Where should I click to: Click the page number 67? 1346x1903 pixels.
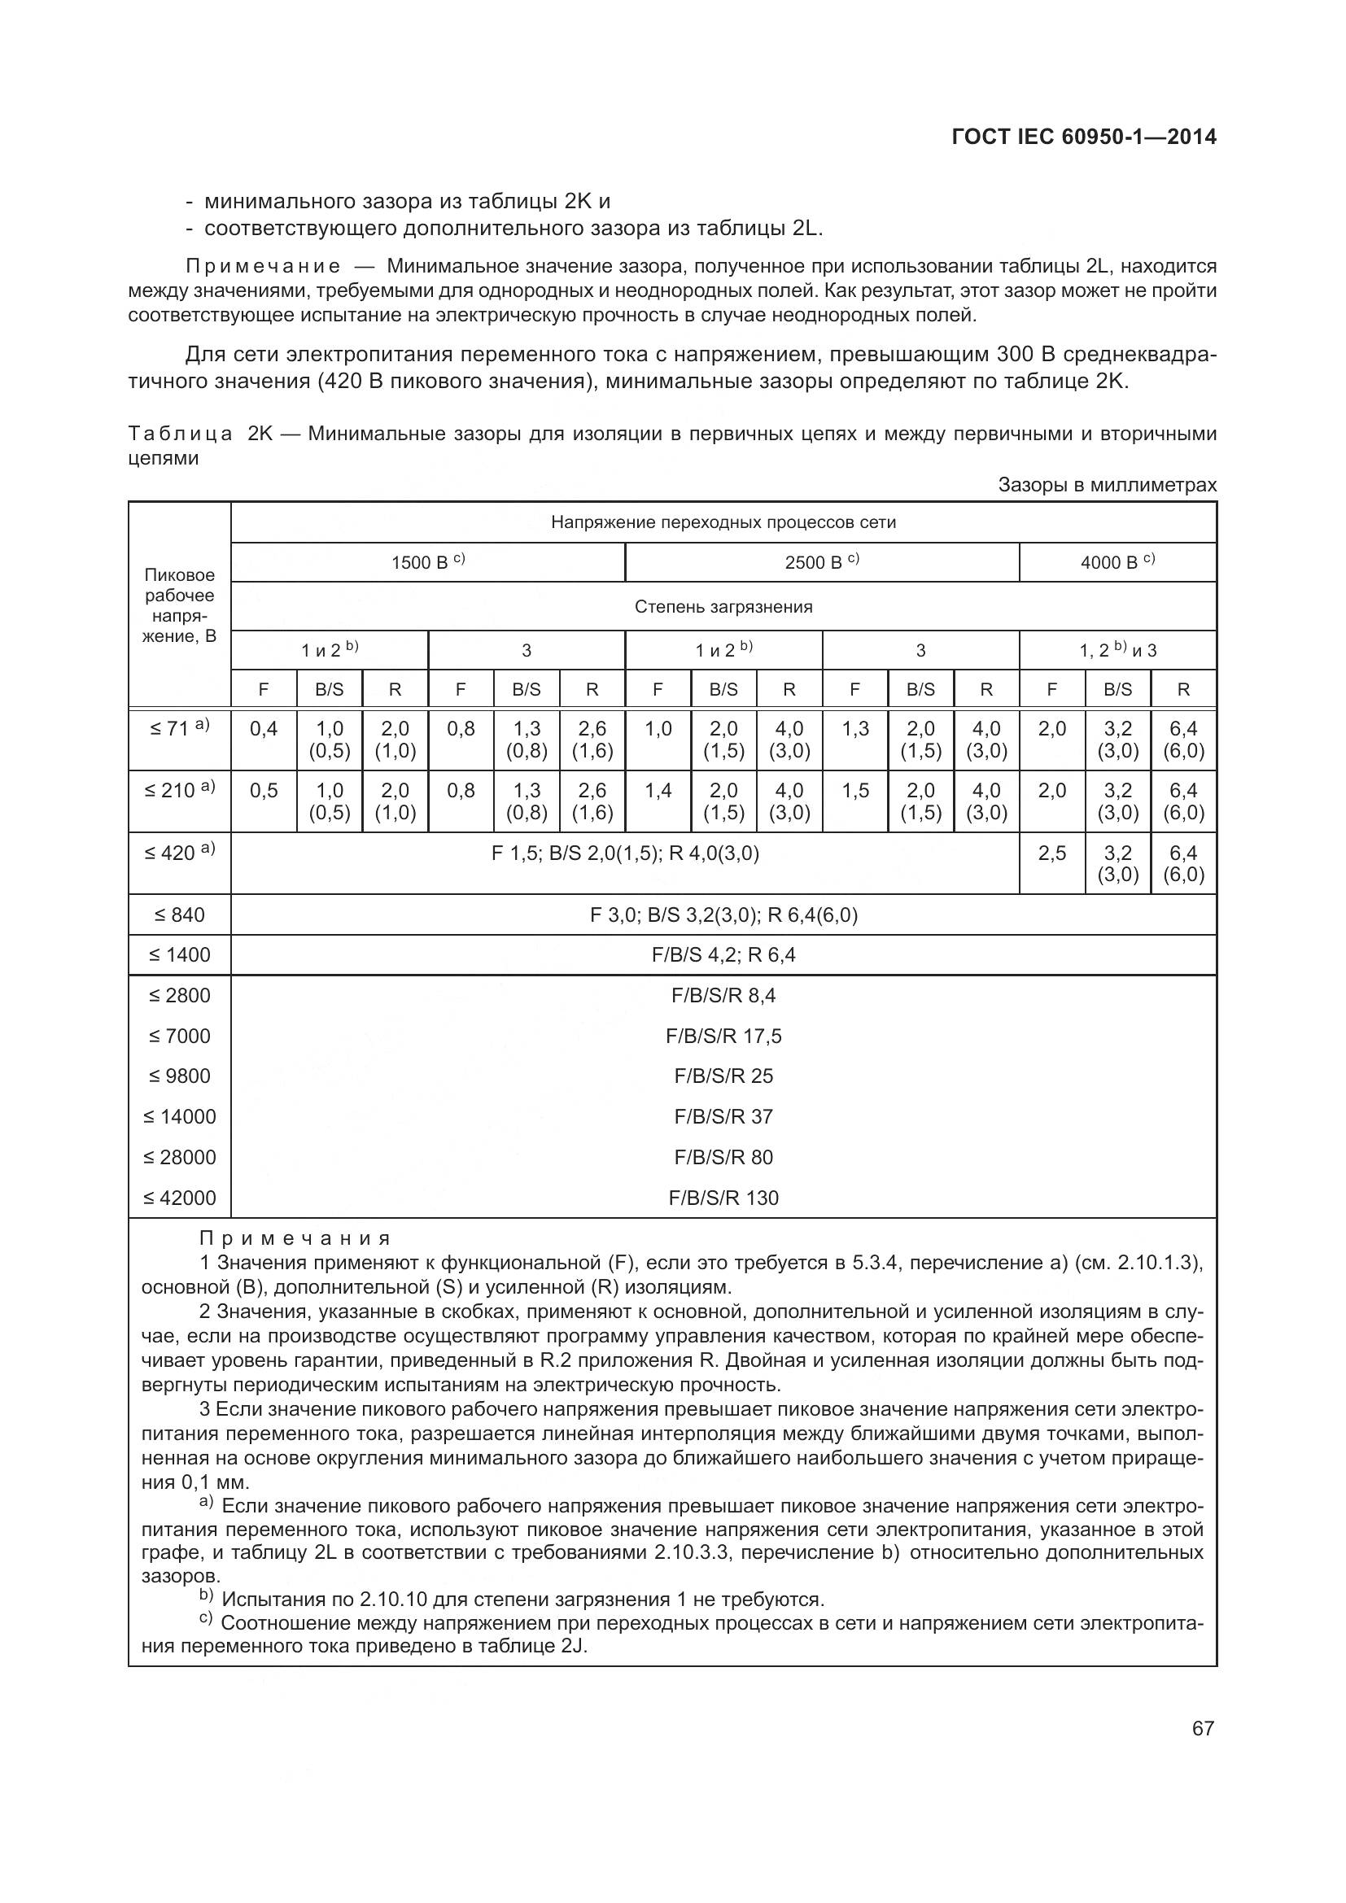point(1203,1728)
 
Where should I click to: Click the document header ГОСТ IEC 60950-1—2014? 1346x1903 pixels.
point(1084,137)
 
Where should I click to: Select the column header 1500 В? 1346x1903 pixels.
point(427,563)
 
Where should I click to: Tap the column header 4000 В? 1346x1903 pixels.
point(1117,563)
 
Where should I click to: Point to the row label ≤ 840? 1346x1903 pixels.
point(179,915)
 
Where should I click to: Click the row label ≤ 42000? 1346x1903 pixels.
point(179,1198)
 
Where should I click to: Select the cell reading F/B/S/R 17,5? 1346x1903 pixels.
point(723,1036)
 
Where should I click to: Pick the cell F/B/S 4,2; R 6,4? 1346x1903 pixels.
point(723,955)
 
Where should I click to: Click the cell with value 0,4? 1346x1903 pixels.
point(264,729)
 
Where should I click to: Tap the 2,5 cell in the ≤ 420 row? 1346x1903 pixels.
point(1051,853)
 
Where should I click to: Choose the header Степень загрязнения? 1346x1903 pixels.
point(723,607)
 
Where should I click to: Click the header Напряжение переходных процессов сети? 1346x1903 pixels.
point(723,522)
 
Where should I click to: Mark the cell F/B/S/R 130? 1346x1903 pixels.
point(723,1198)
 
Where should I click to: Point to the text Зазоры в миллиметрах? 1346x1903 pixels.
point(1108,485)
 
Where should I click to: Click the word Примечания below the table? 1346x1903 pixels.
point(295,1239)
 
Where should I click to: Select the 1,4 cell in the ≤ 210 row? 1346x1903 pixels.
point(658,791)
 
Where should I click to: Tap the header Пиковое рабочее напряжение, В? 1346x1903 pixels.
point(179,605)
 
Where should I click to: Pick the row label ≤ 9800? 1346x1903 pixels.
point(179,1076)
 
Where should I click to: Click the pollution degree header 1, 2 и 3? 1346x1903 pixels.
point(1117,651)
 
